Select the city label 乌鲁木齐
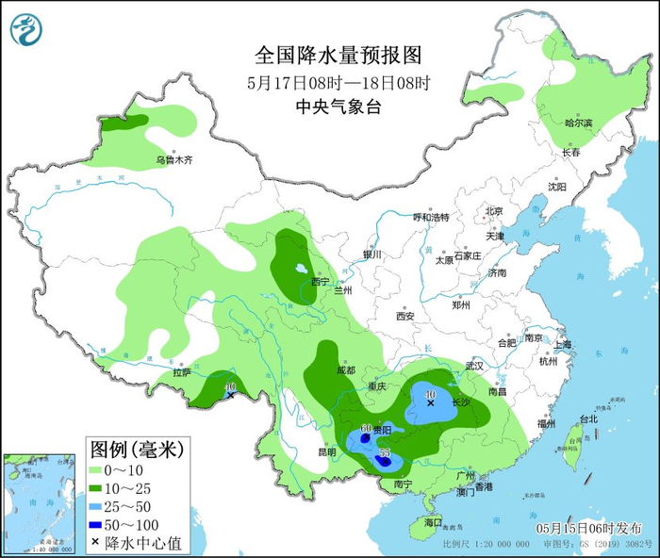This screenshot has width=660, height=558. [x=174, y=161]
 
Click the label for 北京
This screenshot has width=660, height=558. [x=494, y=211]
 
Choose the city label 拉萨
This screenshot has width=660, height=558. [x=182, y=373]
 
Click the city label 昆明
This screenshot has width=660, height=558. [x=326, y=452]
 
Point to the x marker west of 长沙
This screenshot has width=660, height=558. [x=430, y=403]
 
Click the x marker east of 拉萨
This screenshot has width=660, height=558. [x=230, y=395]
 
